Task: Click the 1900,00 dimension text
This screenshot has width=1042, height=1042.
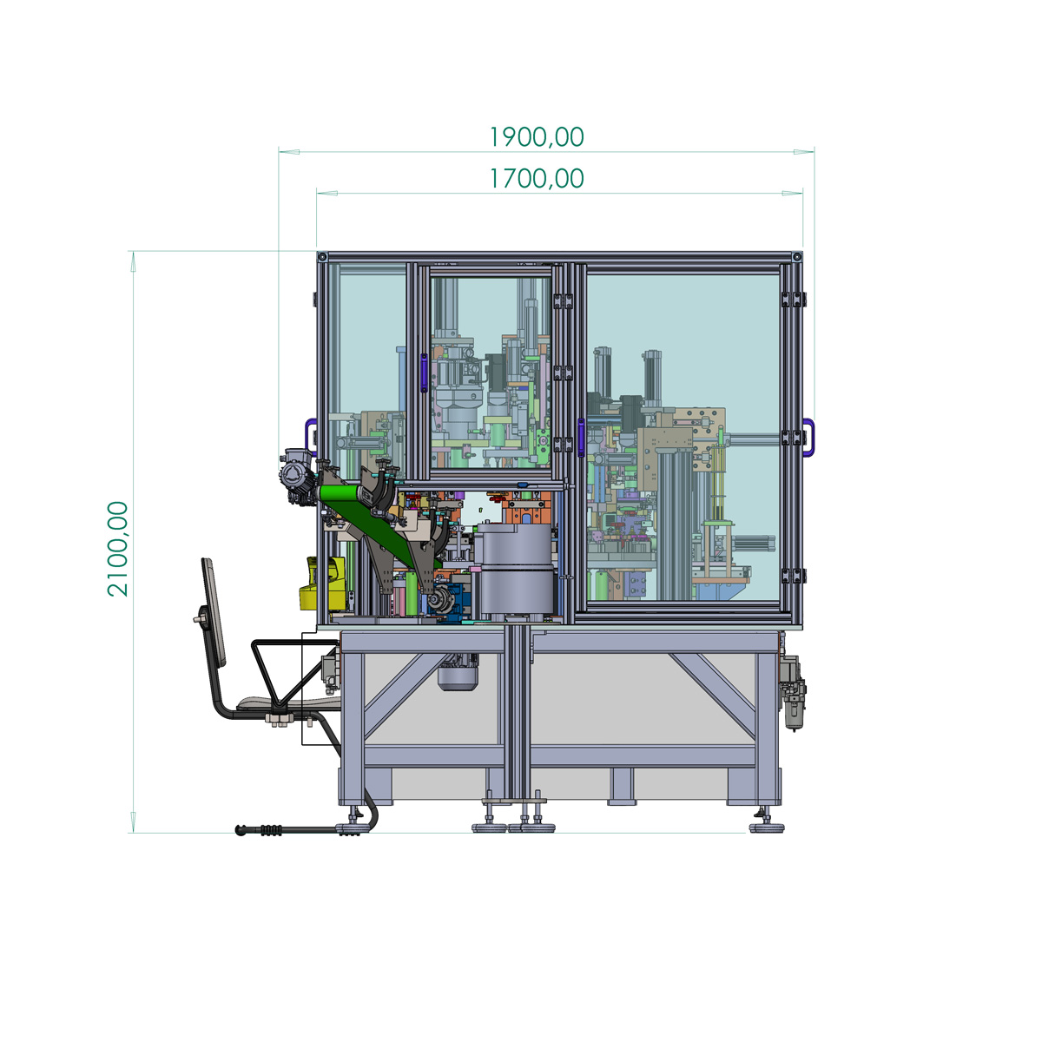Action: tap(537, 137)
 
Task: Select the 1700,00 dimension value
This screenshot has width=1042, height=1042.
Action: tap(537, 179)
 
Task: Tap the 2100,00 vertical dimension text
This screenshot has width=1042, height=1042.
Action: tap(118, 549)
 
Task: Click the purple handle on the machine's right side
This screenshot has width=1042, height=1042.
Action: tap(809, 437)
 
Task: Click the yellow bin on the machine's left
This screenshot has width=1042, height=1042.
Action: tap(322, 584)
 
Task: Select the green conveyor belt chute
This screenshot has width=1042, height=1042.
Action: tap(380, 525)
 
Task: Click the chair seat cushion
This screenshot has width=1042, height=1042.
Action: tap(289, 702)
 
